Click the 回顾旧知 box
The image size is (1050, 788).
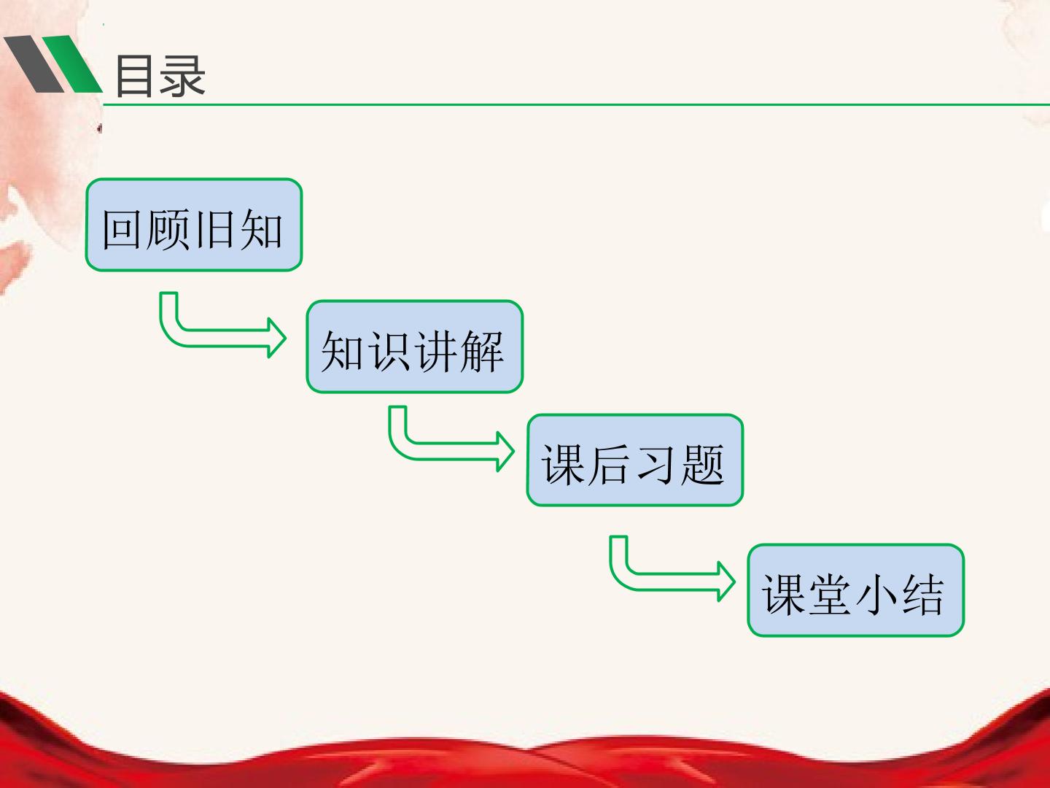[x=194, y=225]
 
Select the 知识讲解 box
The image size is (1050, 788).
[x=415, y=347]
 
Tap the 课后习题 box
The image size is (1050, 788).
[x=635, y=460]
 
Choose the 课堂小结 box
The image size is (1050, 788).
[x=856, y=590]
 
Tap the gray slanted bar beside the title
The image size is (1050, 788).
[x=34, y=64]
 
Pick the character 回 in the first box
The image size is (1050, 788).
[x=122, y=230]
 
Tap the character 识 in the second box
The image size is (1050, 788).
[x=390, y=352]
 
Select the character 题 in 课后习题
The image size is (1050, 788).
[x=703, y=465]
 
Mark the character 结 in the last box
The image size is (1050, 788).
[x=922, y=595]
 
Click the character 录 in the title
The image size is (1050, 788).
[x=183, y=76]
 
